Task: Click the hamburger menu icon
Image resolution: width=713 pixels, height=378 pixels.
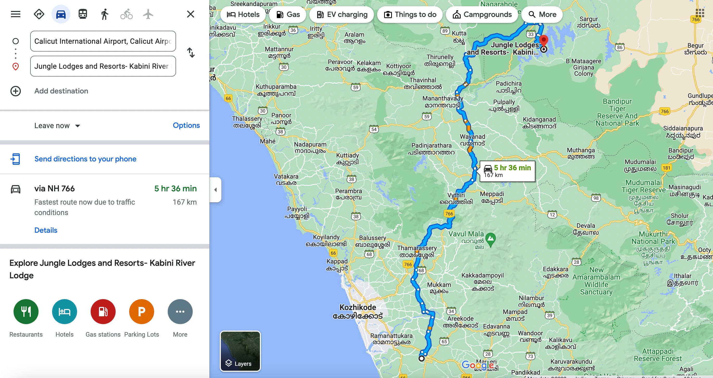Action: (16, 14)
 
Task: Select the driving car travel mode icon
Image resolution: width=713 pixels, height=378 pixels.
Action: (61, 14)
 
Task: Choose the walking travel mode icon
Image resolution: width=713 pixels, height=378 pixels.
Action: (104, 14)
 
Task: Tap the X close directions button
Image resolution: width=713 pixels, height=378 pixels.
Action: (190, 14)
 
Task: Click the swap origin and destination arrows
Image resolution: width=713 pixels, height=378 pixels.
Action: (191, 53)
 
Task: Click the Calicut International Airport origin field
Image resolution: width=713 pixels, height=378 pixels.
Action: (103, 41)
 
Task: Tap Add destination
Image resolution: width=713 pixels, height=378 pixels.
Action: (61, 91)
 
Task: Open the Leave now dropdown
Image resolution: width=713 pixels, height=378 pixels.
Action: (57, 126)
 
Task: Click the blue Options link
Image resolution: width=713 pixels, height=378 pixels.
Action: (186, 125)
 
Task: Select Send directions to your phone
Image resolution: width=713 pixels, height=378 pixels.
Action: (85, 159)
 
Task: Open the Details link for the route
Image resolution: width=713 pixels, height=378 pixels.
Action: (46, 230)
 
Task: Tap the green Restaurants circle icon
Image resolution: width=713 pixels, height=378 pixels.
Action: (26, 312)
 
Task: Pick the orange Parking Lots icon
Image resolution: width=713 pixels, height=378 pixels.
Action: (141, 312)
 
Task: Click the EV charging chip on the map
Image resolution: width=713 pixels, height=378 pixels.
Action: (342, 14)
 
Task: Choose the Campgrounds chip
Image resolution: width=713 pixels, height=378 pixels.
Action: (482, 14)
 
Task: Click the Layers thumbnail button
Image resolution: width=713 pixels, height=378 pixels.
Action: (240, 351)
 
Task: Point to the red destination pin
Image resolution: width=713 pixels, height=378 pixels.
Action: (544, 40)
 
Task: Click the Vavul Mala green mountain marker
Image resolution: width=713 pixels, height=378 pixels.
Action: (490, 238)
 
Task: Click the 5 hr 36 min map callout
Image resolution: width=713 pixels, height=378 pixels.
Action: (507, 171)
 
